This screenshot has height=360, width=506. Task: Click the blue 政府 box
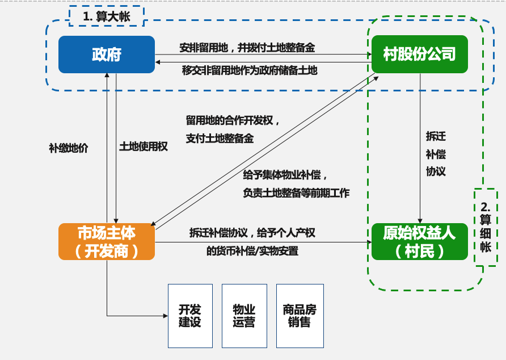pyautogui.click(x=107, y=55)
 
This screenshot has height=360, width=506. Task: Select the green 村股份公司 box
pyautogui.click(x=419, y=55)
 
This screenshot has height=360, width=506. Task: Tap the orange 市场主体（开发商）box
pyautogui.click(x=107, y=241)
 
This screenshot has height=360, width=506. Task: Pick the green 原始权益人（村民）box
pyautogui.click(x=419, y=241)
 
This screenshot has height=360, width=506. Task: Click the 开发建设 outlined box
pyautogui.click(x=190, y=316)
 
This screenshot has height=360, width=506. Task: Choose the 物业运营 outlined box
pyautogui.click(x=244, y=316)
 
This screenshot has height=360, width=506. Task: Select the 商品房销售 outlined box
pyautogui.click(x=300, y=316)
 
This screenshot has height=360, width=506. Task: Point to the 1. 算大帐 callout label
pyautogui.click(x=106, y=16)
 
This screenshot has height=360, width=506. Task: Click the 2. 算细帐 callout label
pyautogui.click(x=486, y=227)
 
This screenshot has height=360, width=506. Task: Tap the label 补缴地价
pyautogui.click(x=69, y=148)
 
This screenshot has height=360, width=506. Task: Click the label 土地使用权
pyautogui.click(x=144, y=146)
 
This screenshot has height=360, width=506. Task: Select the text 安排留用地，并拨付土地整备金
pyautogui.click(x=247, y=48)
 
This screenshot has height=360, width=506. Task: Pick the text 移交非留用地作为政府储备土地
pyautogui.click(x=250, y=70)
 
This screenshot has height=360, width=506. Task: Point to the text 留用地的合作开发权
pyautogui.click(x=233, y=120)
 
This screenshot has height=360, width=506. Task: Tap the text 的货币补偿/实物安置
pyautogui.click(x=252, y=251)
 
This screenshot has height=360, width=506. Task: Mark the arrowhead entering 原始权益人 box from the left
pyautogui.click(x=369, y=242)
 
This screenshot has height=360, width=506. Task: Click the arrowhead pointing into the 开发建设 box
pyautogui.click(x=165, y=315)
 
